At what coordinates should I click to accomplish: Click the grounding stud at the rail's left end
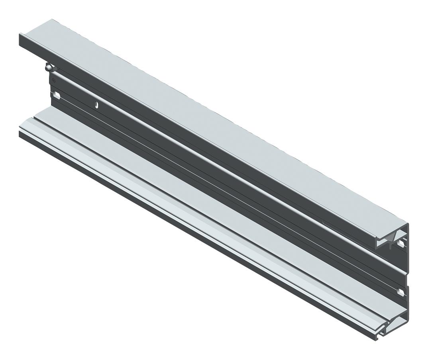[49, 68]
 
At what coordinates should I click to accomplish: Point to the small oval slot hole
[96, 105]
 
